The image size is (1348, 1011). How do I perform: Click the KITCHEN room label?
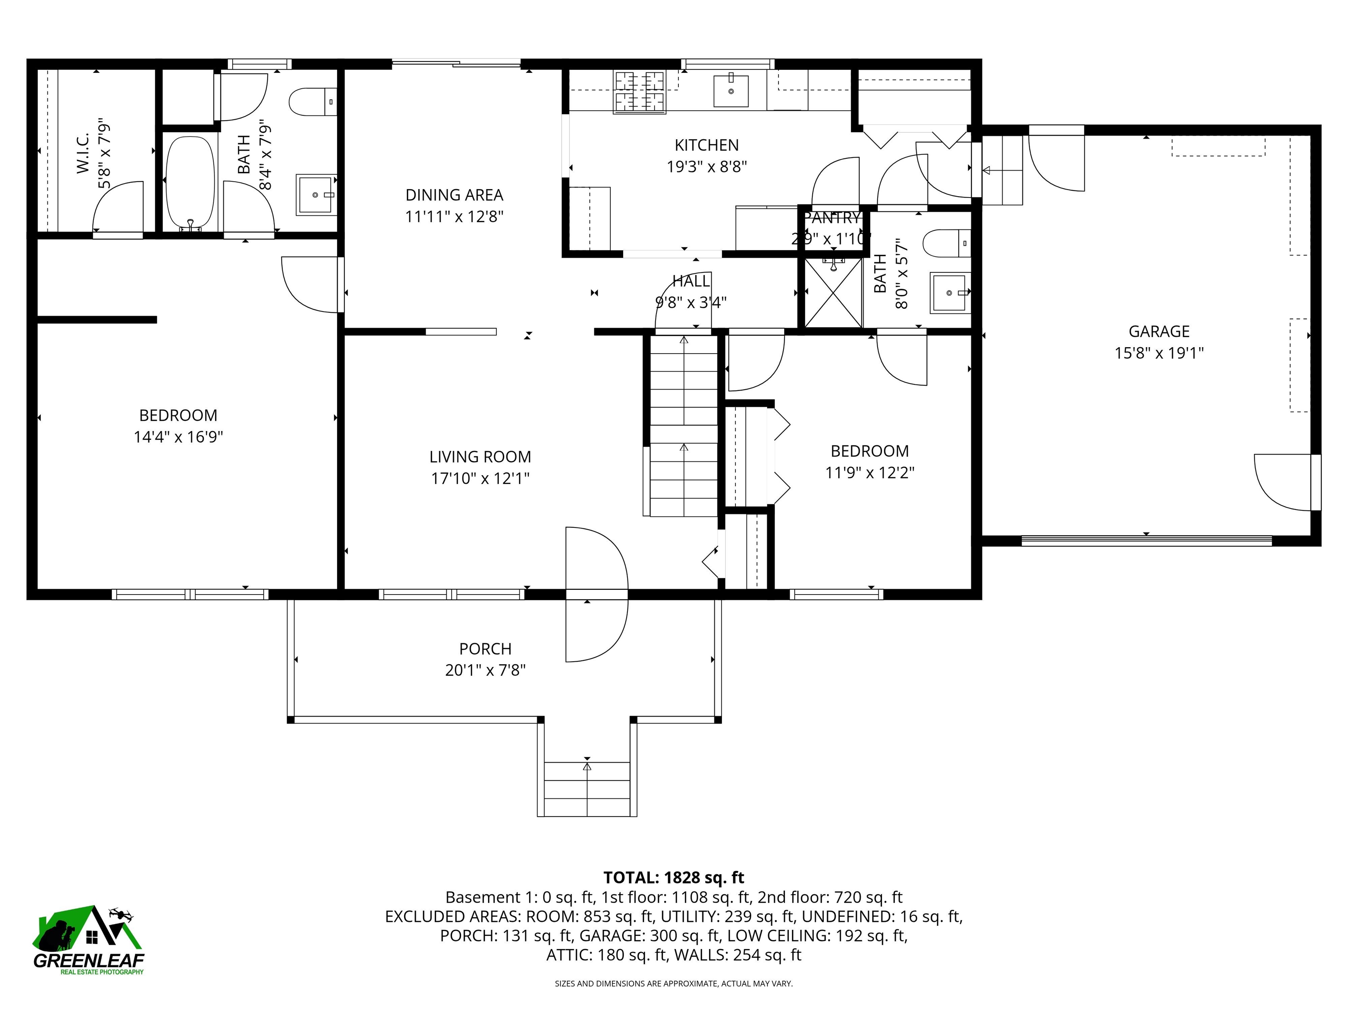[706, 145]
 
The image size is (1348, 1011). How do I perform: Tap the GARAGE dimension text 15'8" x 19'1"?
[1158, 353]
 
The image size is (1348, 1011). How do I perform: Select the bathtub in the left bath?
[191, 182]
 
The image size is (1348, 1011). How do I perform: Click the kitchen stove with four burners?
[639, 92]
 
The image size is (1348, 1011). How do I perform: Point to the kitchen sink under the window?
[731, 91]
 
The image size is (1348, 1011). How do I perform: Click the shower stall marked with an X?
[833, 293]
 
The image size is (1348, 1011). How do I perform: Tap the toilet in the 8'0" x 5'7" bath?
[945, 243]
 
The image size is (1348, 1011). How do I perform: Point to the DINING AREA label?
[454, 195]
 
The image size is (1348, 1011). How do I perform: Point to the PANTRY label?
[832, 218]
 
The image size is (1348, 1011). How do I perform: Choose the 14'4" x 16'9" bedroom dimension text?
[178, 437]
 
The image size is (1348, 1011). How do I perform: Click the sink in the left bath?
[315, 195]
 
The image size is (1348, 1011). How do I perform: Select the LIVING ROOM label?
[480, 456]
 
